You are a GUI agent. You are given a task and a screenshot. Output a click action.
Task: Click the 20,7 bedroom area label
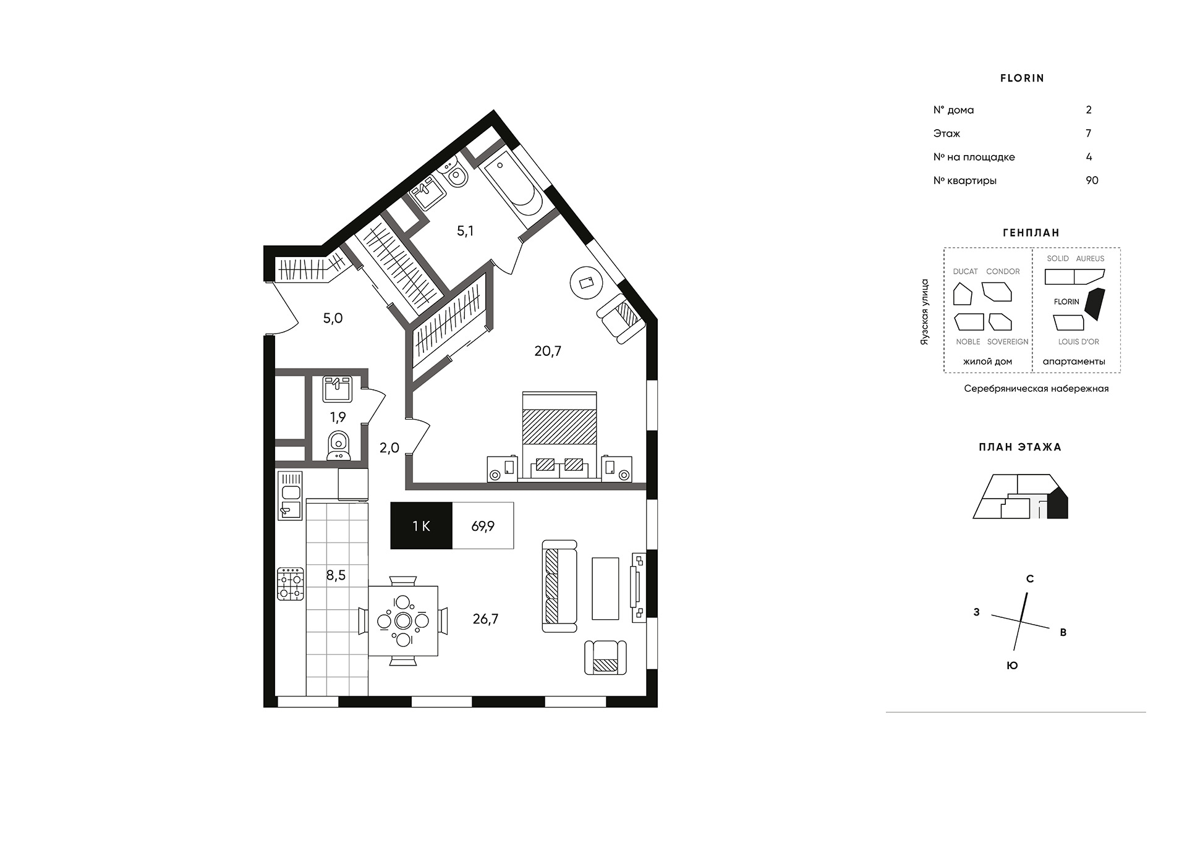(x=548, y=351)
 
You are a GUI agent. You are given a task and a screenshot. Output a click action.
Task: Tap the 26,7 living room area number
(x=485, y=619)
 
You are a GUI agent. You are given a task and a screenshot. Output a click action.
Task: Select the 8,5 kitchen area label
(x=336, y=575)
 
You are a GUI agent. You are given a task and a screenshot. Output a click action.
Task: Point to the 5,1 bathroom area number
(x=465, y=231)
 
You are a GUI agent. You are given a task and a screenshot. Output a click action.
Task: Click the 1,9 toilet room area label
(x=338, y=417)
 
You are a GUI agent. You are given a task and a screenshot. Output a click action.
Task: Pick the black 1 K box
(x=422, y=526)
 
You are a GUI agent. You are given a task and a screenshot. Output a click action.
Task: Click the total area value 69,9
(x=483, y=526)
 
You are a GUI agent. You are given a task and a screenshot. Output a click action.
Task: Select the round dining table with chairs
(x=403, y=620)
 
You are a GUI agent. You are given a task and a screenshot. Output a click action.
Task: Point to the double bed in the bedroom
(x=559, y=435)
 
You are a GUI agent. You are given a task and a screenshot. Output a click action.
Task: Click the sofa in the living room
(x=559, y=586)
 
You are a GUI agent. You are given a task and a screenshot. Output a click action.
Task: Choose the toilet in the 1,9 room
(x=338, y=445)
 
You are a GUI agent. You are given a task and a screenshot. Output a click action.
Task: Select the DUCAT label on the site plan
(x=965, y=271)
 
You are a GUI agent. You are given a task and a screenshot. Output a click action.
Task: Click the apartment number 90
(x=1092, y=180)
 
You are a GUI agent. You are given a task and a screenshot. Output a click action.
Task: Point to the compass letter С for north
(x=1030, y=579)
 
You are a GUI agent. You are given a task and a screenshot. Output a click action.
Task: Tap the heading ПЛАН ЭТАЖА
(x=1020, y=447)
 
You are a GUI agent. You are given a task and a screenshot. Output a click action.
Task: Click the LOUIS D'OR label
(x=1079, y=342)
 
